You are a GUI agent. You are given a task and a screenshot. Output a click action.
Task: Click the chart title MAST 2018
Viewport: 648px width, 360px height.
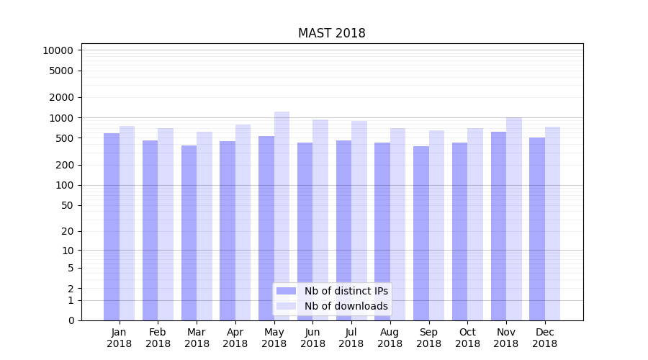click(x=331, y=33)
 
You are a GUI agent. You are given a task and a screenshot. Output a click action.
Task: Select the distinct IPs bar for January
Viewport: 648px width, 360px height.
click(x=112, y=227)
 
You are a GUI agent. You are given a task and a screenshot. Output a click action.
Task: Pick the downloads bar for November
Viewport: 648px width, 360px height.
click(x=514, y=219)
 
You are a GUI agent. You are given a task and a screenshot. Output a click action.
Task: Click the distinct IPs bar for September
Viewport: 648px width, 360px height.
click(x=421, y=233)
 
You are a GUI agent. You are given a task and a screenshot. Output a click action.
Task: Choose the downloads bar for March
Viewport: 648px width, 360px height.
click(x=204, y=226)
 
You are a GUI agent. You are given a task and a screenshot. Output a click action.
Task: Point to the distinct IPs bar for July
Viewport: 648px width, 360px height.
click(x=343, y=230)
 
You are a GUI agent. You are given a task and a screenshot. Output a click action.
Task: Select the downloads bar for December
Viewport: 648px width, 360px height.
click(x=552, y=223)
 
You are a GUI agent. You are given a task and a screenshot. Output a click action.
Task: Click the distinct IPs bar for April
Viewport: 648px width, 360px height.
click(x=228, y=230)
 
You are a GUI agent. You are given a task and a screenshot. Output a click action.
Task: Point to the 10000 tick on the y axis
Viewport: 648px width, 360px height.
click(x=58, y=50)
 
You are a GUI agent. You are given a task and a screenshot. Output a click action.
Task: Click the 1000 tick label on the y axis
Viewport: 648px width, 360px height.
click(x=60, y=118)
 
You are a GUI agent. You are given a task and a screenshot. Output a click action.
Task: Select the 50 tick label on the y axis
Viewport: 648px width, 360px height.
click(x=66, y=205)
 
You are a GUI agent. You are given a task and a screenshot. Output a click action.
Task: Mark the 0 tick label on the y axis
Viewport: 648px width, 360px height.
click(x=70, y=320)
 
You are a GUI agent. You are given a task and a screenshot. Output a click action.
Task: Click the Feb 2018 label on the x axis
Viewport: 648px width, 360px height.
click(x=158, y=338)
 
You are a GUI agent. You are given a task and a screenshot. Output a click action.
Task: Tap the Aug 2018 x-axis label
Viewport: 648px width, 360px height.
click(x=390, y=338)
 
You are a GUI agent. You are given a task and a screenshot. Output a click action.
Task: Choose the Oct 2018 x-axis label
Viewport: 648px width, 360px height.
click(x=467, y=338)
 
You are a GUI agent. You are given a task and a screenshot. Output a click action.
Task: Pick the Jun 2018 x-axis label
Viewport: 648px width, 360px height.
click(x=312, y=338)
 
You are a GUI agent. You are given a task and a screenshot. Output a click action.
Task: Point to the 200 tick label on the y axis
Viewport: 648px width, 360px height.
click(x=63, y=165)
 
